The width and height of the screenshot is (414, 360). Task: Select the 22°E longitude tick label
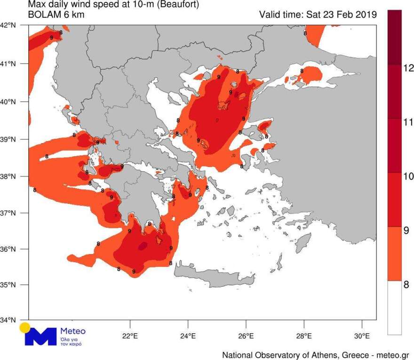(130, 336)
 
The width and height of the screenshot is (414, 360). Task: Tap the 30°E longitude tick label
(362, 336)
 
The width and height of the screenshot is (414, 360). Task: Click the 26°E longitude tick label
(246, 336)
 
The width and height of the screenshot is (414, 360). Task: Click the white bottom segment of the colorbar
(394, 308)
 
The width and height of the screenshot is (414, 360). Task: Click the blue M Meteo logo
(40, 335)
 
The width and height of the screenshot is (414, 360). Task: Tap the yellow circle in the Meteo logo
(25, 328)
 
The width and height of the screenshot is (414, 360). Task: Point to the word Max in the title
(37, 5)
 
